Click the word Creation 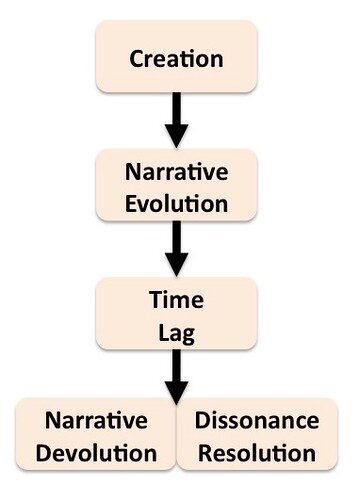point(176,59)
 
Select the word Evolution point(177,203)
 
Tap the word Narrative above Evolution point(177,172)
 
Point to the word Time point(176,299)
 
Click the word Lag point(176,333)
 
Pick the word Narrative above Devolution point(96,420)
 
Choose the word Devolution point(96,453)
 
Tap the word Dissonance point(257,420)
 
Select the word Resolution point(257,453)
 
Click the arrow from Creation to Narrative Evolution point(177,120)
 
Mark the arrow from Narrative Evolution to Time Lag point(177,249)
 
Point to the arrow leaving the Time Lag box point(177,377)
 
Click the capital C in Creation point(136,59)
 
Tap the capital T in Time point(156,299)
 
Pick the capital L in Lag point(164,332)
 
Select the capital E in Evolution point(131,203)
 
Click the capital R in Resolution point(205,453)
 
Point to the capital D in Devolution point(44,453)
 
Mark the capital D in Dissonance point(203,420)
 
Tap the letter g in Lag point(189,336)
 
